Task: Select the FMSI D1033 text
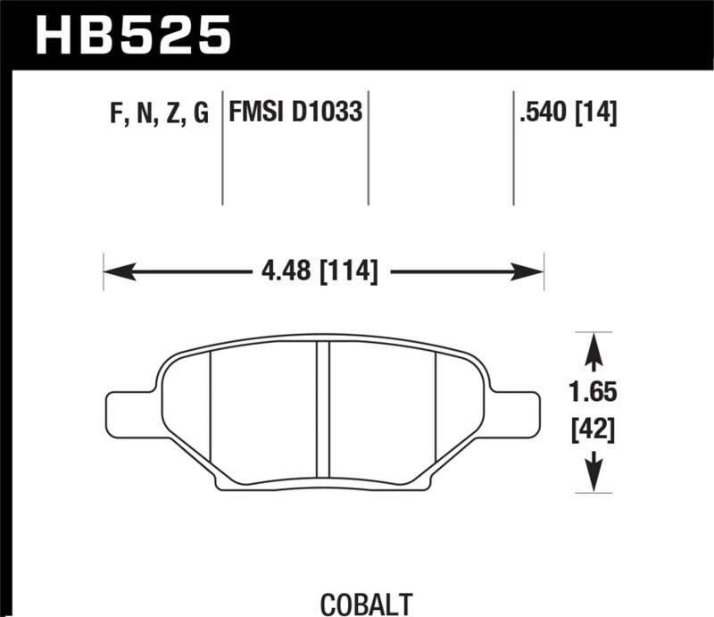[295, 113]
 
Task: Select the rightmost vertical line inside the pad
[435, 415]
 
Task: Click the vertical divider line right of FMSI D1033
[369, 147]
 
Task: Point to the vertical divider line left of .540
[513, 147]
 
